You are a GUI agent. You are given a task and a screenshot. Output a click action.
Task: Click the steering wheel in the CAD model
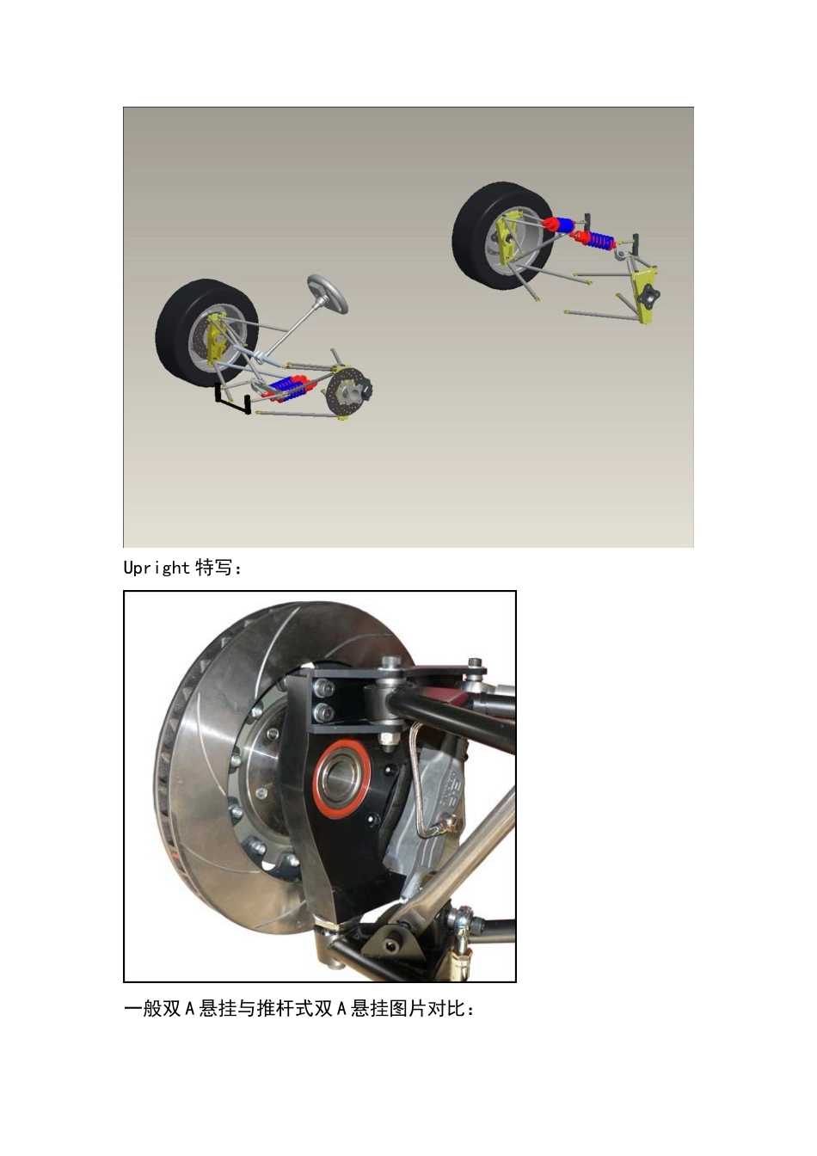point(327,293)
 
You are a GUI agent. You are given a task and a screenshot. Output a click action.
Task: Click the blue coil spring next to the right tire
point(601,239)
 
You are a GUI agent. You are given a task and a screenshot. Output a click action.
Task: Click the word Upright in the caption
point(157,569)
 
